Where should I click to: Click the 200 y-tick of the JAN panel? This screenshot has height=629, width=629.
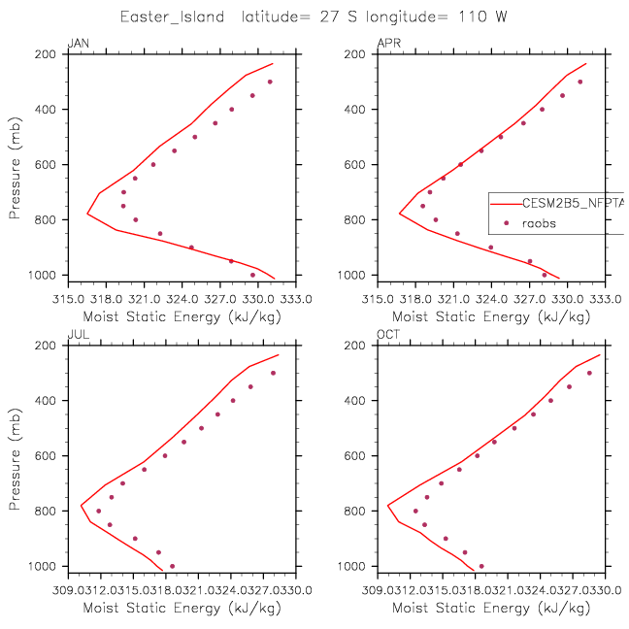pos(53,54)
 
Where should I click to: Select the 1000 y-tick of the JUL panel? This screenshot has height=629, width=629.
pos(50,566)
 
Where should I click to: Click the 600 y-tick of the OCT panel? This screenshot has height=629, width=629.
pos(363,456)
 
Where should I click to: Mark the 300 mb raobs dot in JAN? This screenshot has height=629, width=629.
pos(270,82)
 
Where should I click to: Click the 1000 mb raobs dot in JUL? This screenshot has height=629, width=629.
pos(172,566)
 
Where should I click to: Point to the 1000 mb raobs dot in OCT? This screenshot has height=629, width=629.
pos(480,566)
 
